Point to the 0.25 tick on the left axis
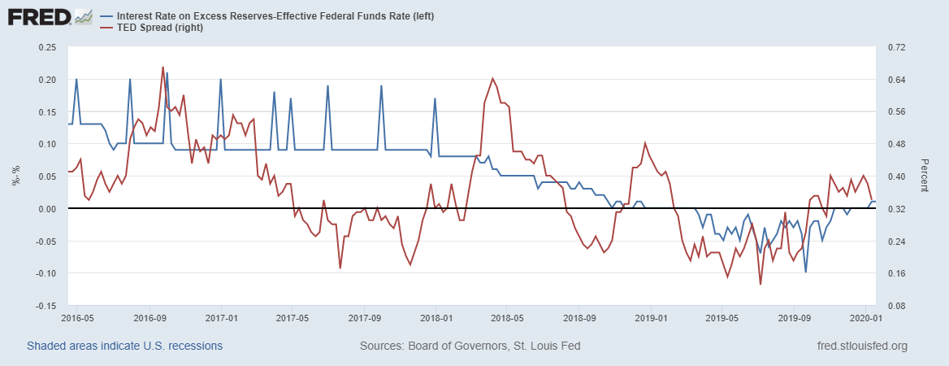(x=47, y=47)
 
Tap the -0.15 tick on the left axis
(x=45, y=306)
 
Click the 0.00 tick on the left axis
(x=47, y=209)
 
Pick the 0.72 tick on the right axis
(x=895, y=47)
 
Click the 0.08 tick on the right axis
(x=895, y=306)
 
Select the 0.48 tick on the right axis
(x=895, y=144)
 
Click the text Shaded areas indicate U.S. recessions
(x=124, y=346)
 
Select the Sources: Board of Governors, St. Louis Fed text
(x=470, y=346)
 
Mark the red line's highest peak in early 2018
(x=493, y=78)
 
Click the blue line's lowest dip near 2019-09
(x=805, y=272)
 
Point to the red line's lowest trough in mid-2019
(x=760, y=284)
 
